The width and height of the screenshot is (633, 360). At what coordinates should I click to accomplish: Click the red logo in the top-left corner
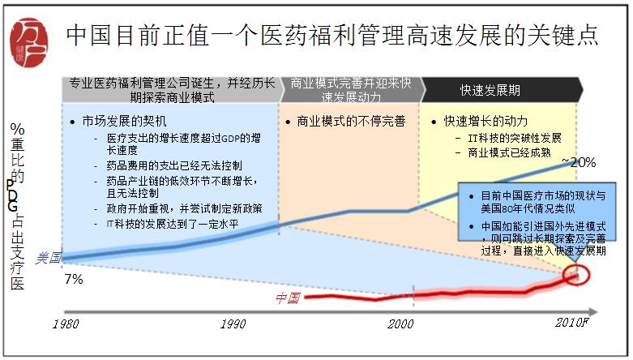pyautogui.click(x=29, y=37)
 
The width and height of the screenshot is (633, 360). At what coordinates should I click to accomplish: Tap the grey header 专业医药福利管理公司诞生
pyautogui.click(x=171, y=89)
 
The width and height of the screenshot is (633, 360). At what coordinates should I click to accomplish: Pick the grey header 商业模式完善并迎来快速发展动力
pyautogui.click(x=351, y=89)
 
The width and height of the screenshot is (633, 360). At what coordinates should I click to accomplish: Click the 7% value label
pyautogui.click(x=74, y=280)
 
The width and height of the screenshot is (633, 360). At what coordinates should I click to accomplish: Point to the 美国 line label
pyautogui.click(x=49, y=258)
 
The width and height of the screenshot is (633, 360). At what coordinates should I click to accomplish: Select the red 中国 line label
pyautogui.click(x=287, y=298)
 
